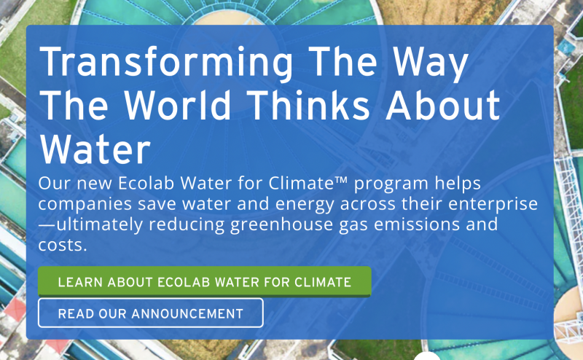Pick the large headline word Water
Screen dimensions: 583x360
pyautogui.click(x=95, y=149)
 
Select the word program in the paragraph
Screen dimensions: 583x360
pyautogui.click(x=391, y=184)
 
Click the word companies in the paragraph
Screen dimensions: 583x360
pyautogui.click(x=85, y=205)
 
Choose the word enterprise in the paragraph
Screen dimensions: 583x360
pyautogui.click(x=493, y=204)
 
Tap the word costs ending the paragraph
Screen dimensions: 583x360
pyautogui.click(x=63, y=245)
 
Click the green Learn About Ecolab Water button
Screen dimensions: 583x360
pyautogui.click(x=205, y=281)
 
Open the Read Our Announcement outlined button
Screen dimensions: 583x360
pyautogui.click(x=151, y=313)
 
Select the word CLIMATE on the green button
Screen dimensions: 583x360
pyautogui.click(x=323, y=282)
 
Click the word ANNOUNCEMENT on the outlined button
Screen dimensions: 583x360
pyautogui.click(x=187, y=314)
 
